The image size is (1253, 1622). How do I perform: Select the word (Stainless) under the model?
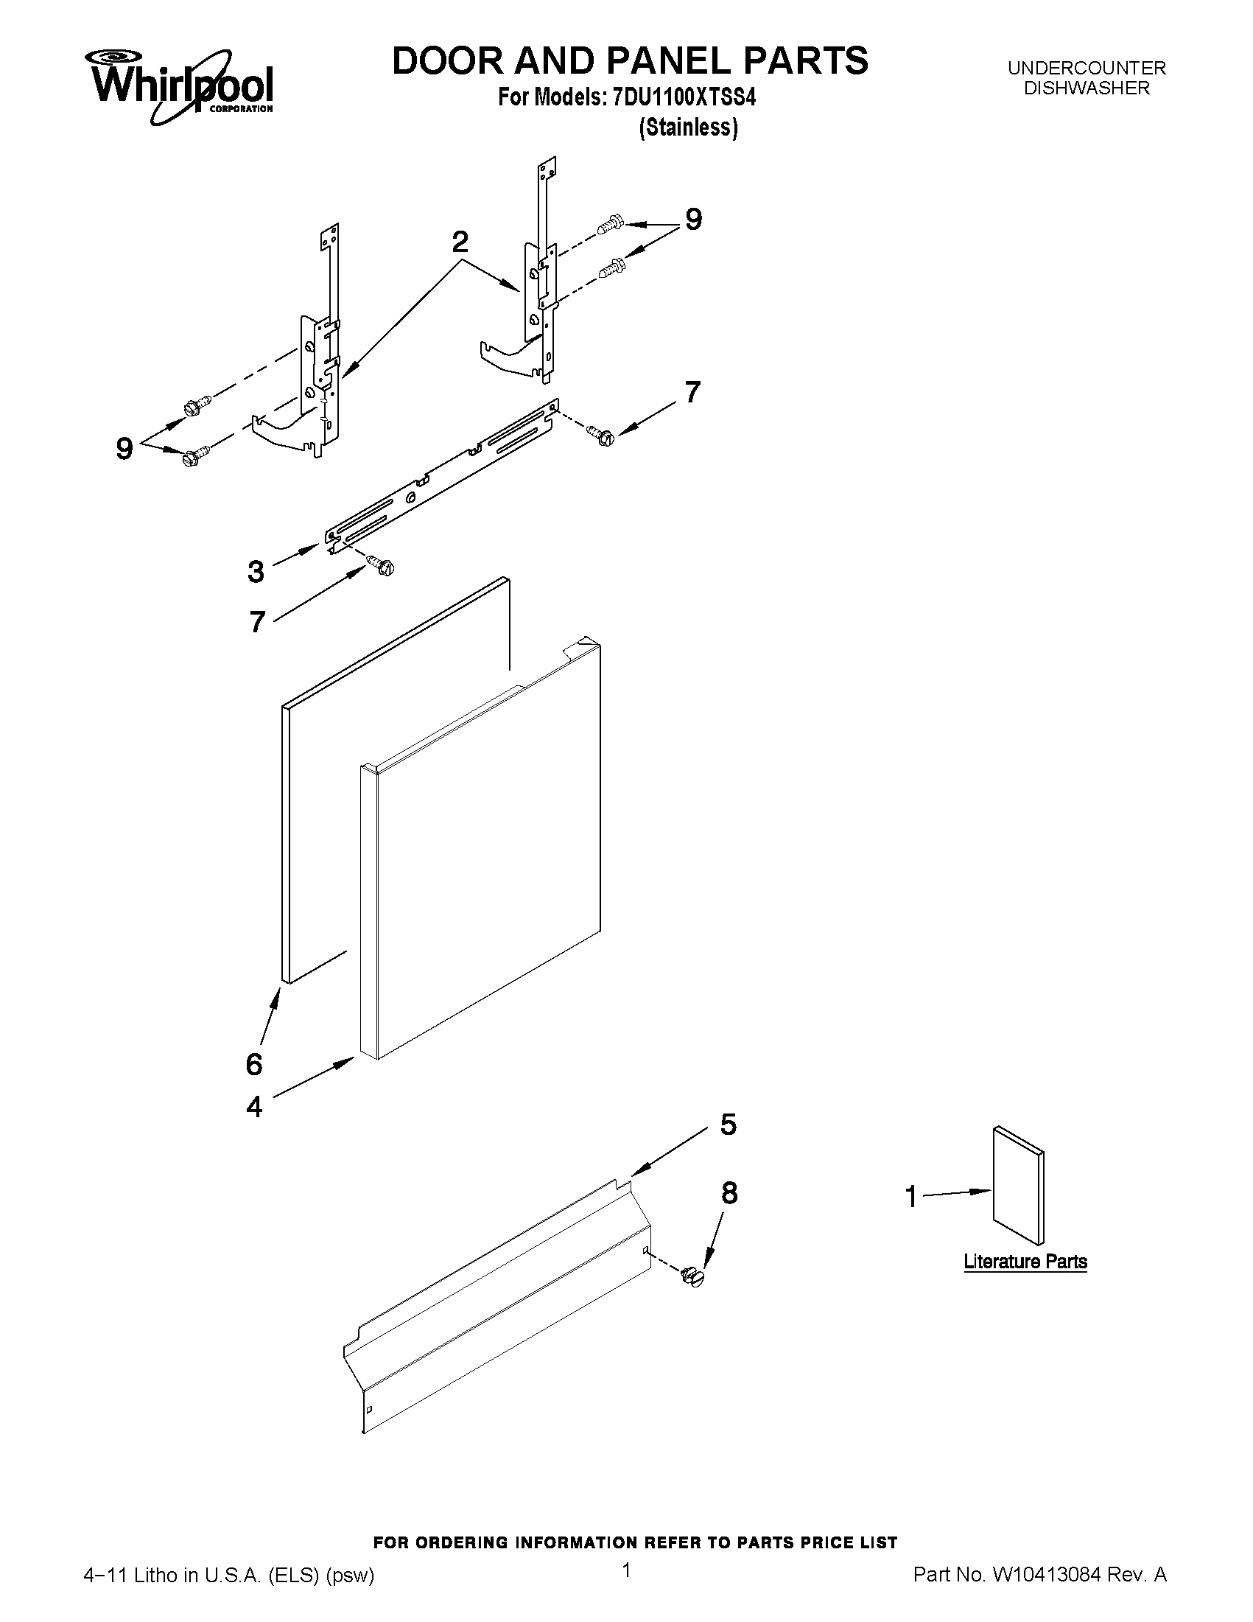point(688,127)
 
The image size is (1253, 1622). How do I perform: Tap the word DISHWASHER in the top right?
point(1086,88)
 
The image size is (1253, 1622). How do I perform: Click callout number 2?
point(460,242)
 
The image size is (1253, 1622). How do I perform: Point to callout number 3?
point(256,571)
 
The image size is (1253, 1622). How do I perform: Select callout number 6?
point(254,1064)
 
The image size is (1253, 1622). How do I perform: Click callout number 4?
point(254,1108)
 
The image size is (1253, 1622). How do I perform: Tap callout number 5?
point(729,1125)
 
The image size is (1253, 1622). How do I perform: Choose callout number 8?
point(730,1194)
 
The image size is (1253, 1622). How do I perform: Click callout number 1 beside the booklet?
point(911,1198)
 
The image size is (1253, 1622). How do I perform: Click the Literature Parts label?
point(1025,1262)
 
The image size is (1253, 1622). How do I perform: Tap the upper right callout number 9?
point(692,219)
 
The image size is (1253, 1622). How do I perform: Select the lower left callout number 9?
point(124,449)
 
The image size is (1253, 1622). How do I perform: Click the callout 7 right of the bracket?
point(692,391)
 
